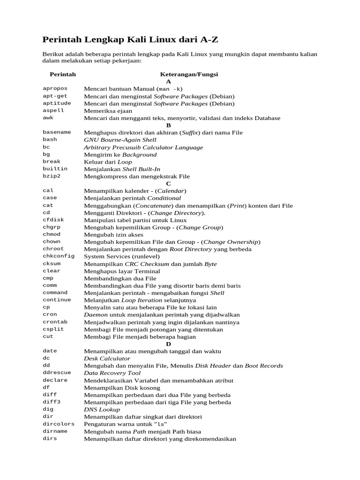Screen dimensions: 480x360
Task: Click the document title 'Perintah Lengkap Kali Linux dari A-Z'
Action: [130, 39]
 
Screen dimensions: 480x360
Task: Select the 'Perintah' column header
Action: [63, 74]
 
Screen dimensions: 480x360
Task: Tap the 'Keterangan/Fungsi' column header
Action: [189, 74]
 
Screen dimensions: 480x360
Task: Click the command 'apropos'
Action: [55, 88]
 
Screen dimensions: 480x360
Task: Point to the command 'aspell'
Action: [53, 111]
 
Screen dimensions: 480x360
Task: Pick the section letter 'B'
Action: [169, 125]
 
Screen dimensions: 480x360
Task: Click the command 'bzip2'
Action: [52, 176]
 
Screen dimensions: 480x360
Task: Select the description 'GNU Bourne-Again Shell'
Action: [120, 140]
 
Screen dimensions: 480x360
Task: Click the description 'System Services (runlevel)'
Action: [122, 256]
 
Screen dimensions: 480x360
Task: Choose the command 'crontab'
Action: [55, 322]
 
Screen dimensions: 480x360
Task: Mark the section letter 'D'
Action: [169, 344]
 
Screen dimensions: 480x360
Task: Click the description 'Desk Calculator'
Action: [107, 359]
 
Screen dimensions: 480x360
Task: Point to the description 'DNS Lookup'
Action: [102, 410]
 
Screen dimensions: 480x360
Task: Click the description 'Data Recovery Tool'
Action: [112, 373]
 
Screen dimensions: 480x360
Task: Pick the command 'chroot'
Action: [53, 249]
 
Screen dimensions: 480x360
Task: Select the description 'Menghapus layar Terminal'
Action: [122, 271]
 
